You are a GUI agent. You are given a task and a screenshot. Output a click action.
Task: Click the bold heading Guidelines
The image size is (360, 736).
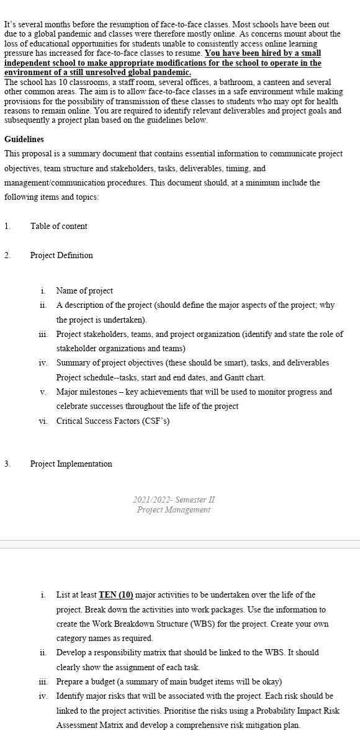[24, 139]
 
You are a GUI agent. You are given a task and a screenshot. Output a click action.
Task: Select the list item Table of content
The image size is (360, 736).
[58, 226]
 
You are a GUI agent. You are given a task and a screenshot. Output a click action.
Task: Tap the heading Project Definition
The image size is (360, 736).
[61, 255]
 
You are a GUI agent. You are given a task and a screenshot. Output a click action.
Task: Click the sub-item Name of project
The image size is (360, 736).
[84, 290]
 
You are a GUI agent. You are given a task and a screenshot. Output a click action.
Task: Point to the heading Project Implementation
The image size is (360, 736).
[71, 464]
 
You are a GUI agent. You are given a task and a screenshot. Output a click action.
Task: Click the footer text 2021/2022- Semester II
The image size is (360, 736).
[174, 500]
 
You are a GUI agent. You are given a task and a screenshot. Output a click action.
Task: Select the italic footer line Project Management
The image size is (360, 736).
[174, 509]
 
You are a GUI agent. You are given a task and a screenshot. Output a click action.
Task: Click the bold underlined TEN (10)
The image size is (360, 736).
[116, 595]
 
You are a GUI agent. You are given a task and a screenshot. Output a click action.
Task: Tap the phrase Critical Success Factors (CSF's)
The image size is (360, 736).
[113, 421]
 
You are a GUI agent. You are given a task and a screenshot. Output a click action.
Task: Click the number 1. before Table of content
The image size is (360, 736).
[7, 226]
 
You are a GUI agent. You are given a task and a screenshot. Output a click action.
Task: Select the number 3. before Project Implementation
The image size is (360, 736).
[7, 464]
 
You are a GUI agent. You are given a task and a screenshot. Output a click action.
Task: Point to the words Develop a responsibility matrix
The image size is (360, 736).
[109, 653]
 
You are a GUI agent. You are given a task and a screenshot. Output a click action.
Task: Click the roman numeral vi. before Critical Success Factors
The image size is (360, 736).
[43, 421]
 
